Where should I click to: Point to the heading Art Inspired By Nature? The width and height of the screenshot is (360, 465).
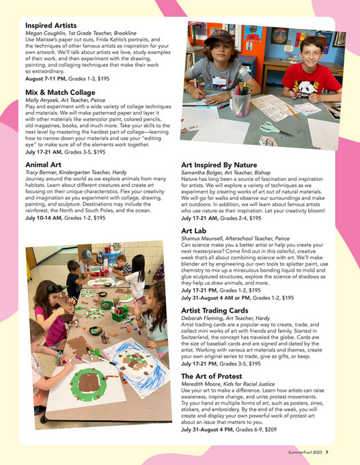coord(219,165)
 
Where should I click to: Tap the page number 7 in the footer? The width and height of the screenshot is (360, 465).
coord(327,451)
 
